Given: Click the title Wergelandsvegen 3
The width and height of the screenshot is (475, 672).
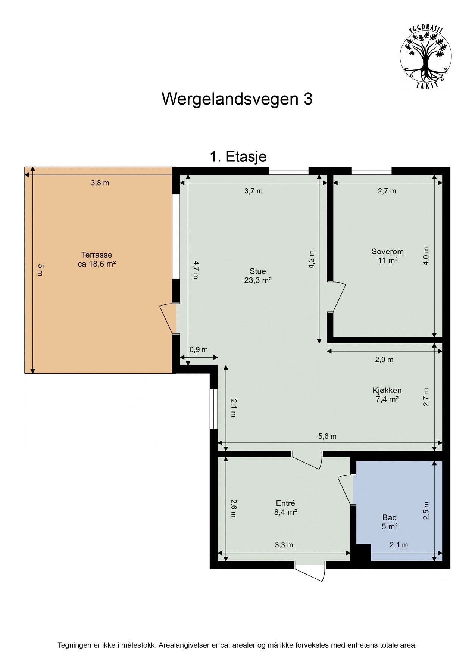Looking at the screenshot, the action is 237,99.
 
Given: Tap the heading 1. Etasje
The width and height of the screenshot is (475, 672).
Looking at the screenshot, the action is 238,156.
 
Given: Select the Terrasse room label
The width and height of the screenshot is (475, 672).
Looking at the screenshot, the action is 97,259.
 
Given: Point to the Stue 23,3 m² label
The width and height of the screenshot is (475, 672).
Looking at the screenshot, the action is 257,276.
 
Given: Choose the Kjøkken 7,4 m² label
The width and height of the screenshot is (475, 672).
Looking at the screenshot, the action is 387,395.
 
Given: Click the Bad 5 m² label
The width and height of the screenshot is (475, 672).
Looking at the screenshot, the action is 389,522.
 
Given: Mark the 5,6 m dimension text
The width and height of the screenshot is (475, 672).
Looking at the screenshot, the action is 327,436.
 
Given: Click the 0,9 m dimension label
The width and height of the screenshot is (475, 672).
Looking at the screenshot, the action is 199,350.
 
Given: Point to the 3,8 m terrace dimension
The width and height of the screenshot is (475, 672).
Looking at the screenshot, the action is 100,183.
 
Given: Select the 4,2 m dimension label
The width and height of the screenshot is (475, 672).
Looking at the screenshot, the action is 312,259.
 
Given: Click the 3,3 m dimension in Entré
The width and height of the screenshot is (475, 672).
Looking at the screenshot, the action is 284,545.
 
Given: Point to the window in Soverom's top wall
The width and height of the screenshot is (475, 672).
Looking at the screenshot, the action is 371,171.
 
